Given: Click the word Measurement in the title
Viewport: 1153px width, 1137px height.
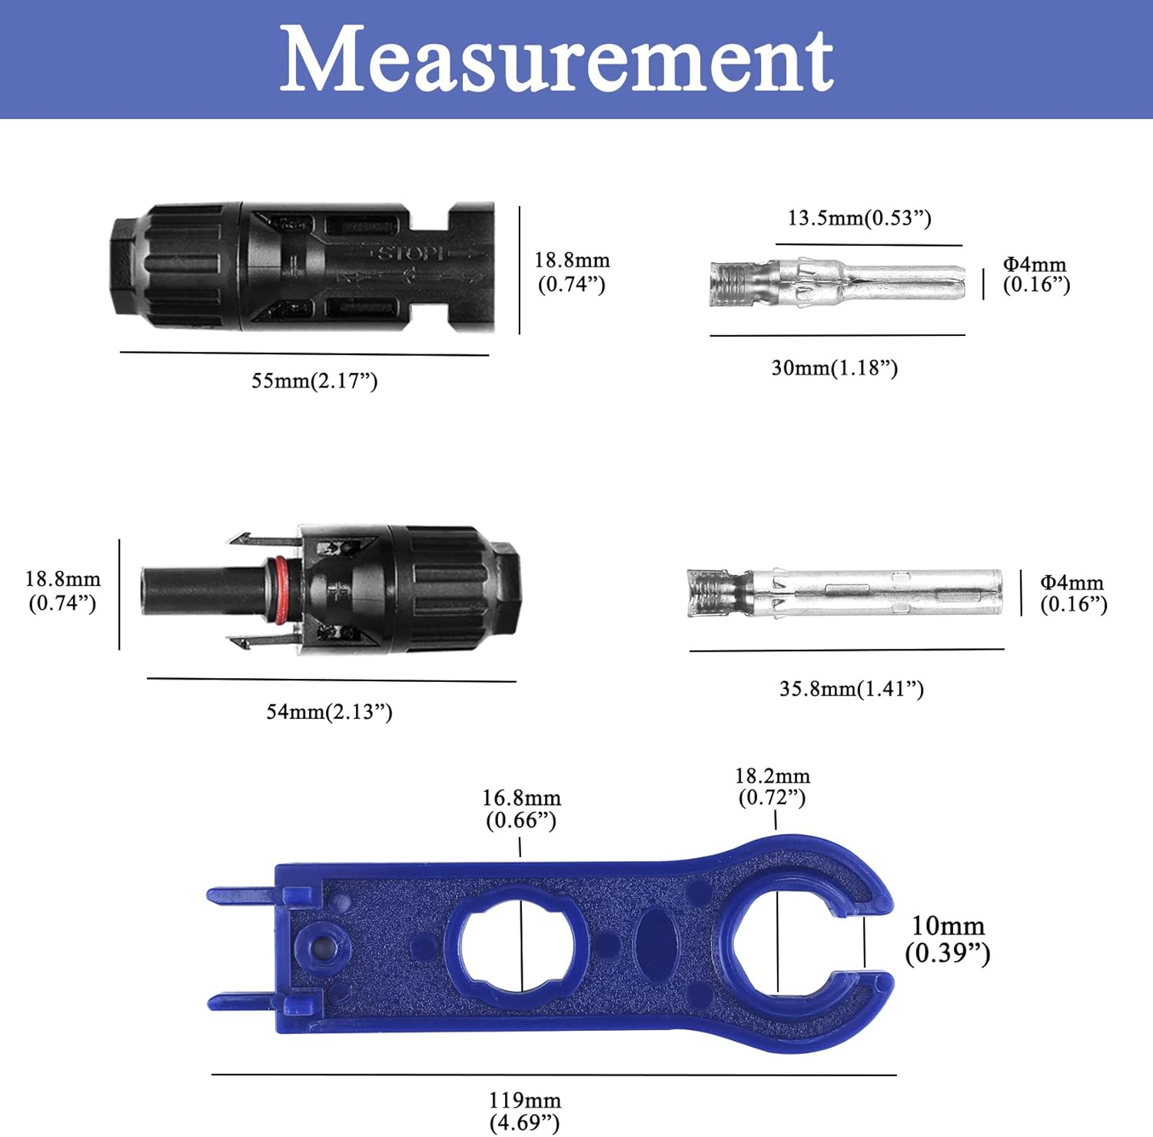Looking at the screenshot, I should [557, 59].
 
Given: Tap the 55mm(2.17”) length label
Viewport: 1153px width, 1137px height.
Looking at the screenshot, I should [314, 381].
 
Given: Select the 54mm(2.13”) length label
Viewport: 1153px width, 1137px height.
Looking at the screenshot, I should [329, 711].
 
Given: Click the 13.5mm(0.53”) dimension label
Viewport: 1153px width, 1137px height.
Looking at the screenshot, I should [859, 218].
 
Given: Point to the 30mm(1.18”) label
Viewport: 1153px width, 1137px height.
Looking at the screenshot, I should [834, 367].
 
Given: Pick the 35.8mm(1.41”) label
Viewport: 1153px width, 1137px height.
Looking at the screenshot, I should [851, 688].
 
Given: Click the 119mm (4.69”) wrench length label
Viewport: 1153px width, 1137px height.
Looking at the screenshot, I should [525, 1111].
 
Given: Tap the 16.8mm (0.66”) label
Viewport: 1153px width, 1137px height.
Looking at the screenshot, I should [521, 809].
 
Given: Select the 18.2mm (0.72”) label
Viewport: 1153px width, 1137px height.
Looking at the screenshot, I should [773, 786].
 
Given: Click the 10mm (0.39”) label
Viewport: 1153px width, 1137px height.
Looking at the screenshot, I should [947, 939].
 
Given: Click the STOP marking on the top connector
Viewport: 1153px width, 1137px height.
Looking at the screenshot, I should [410, 253].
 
